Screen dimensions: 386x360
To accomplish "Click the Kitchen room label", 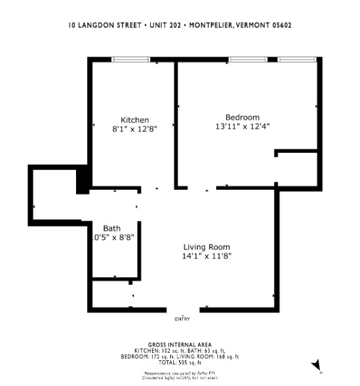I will (x=134, y=120).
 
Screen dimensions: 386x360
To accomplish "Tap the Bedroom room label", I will (x=242, y=117).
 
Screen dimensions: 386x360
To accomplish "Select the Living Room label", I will (x=206, y=246).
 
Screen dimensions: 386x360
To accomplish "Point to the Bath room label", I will (x=112, y=228).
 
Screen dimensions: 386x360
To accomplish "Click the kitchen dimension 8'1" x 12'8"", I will (x=134, y=129).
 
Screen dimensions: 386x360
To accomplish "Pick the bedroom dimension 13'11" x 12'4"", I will (x=242, y=126).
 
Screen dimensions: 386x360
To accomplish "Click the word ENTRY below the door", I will (x=182, y=319).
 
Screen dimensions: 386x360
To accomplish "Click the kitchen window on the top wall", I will (x=131, y=60).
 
